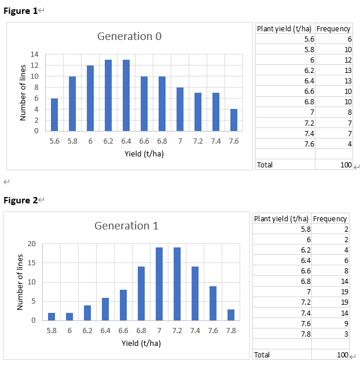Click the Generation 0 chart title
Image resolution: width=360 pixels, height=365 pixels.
tap(129, 36)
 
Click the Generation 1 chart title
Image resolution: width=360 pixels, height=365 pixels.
tap(126, 226)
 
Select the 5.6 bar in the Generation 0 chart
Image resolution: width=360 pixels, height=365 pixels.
tap(54, 115)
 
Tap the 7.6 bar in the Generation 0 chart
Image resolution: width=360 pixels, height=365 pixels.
tap(234, 120)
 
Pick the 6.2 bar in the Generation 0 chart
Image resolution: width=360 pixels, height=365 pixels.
tap(108, 96)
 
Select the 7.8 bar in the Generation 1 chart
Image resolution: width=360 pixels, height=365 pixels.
tap(231, 315)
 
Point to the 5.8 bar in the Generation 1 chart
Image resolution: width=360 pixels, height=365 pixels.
tap(52, 316)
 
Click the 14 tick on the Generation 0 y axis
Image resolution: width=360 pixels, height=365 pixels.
tap(35, 54)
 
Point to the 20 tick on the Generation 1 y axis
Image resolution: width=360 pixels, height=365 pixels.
tap(32, 244)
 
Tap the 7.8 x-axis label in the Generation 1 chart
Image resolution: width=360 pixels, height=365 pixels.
tap(231, 331)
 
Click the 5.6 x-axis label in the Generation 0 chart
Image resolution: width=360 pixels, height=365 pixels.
tap(54, 141)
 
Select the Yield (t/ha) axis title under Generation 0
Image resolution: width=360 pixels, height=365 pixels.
tap(144, 154)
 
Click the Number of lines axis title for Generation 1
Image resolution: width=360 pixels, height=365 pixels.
tap(20, 282)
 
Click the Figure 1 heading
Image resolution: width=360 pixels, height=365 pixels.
tap(21, 11)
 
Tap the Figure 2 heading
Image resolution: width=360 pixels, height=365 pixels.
tap(21, 200)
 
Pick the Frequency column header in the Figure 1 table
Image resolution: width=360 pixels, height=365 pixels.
tap(333, 29)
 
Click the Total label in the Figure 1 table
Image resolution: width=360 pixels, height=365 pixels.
tap(265, 165)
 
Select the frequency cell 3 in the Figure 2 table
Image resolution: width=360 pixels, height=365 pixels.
tap(344, 334)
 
